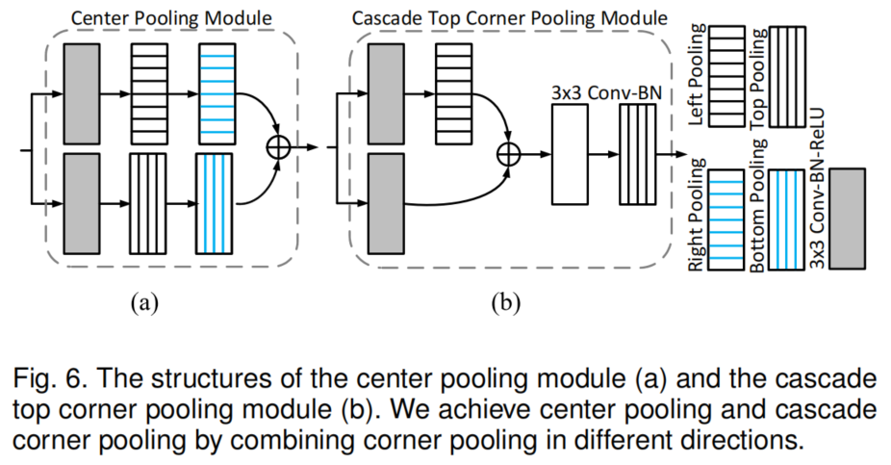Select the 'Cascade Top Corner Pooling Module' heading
(x=509, y=17)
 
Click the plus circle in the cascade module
(x=508, y=153)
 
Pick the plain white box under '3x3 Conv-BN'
(x=570, y=154)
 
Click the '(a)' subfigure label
(x=144, y=304)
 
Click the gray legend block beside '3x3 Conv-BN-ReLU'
(x=847, y=217)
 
